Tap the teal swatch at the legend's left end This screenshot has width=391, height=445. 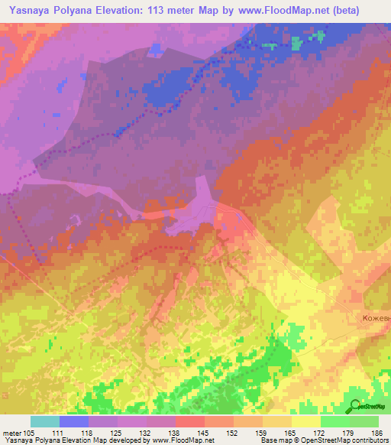pyautogui.click(x=45, y=421)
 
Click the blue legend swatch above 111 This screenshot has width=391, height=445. pyautogui.click(x=74, y=421)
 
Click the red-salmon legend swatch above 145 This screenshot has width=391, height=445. pyautogui.click(x=190, y=421)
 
